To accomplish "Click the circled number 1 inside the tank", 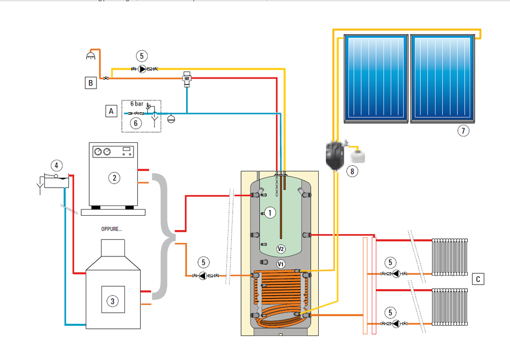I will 270,211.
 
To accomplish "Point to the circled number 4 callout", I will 57,165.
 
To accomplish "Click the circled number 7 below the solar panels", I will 463,131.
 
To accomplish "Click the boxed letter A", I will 111,110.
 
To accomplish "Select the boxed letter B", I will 90,83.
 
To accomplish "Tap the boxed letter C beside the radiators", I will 478,279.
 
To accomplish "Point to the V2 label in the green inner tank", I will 280,249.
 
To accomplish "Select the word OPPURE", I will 111,229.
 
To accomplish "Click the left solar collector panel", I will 376,79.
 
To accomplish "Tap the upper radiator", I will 450,256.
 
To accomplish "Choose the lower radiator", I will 450,307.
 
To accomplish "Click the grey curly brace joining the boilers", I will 164,236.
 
